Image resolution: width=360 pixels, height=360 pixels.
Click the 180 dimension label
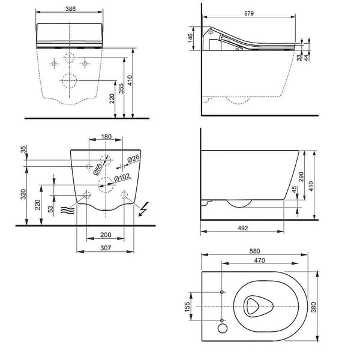click(x=106, y=137)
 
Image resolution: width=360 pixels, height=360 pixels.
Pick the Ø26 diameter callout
click(x=133, y=158)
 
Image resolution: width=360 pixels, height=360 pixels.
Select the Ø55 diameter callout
click(x=98, y=169)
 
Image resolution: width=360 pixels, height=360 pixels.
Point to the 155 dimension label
click(x=187, y=306)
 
